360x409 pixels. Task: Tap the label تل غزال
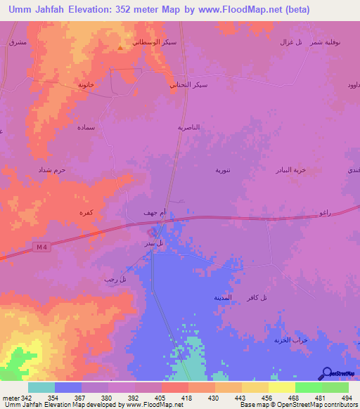290,42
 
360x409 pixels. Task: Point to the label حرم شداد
51,170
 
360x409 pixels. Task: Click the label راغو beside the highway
324,212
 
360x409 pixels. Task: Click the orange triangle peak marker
120,48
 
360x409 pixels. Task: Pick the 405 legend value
161,397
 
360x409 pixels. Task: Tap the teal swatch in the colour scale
41,387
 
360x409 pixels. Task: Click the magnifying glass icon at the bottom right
325,373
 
